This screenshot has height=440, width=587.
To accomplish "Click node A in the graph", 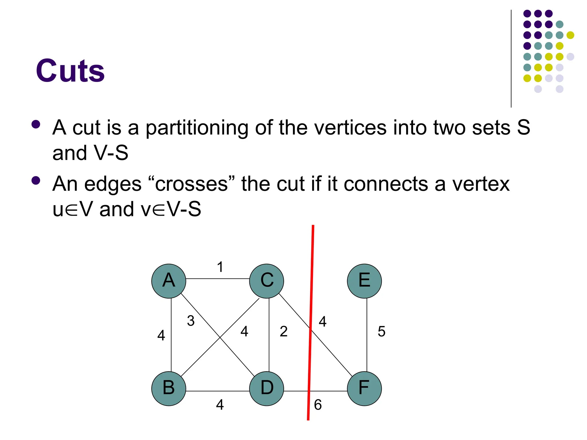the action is [x=169, y=281].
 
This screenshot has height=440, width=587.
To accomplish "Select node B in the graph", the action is [x=169, y=388].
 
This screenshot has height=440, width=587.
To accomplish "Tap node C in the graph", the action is [x=267, y=281].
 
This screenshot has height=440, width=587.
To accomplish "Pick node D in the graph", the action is [x=267, y=388].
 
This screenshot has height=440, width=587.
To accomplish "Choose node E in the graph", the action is [x=364, y=281].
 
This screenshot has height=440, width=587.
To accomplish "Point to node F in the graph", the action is [x=364, y=388].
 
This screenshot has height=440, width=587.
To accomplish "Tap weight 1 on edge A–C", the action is [x=220, y=267].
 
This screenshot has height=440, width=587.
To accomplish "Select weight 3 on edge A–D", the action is [x=191, y=321].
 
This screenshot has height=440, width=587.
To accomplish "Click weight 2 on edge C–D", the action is [x=283, y=331].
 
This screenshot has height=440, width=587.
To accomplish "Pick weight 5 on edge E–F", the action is [x=381, y=331].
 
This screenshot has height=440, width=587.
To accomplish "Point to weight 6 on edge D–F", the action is [x=318, y=405].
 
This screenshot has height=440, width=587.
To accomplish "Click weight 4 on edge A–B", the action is [x=161, y=335].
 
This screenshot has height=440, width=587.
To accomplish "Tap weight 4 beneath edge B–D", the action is [x=220, y=405].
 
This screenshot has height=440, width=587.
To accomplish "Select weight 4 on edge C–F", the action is [x=323, y=321].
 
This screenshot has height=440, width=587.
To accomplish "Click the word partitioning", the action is [x=197, y=128].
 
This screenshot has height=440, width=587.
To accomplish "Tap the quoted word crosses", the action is [x=191, y=184].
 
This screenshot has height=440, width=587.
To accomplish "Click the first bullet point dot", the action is [x=36, y=124].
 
